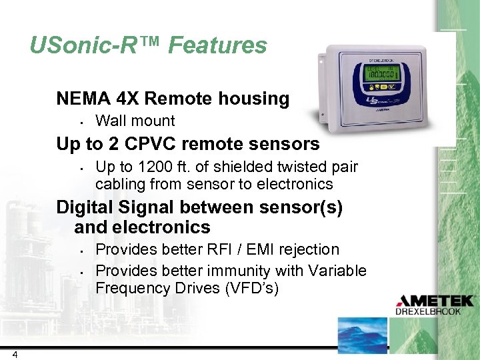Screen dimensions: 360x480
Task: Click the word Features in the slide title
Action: point(217,45)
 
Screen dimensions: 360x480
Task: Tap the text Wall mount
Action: point(135,121)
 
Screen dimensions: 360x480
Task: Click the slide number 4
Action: point(14,354)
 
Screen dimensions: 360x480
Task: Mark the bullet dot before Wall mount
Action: point(79,122)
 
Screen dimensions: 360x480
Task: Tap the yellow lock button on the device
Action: point(375,86)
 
